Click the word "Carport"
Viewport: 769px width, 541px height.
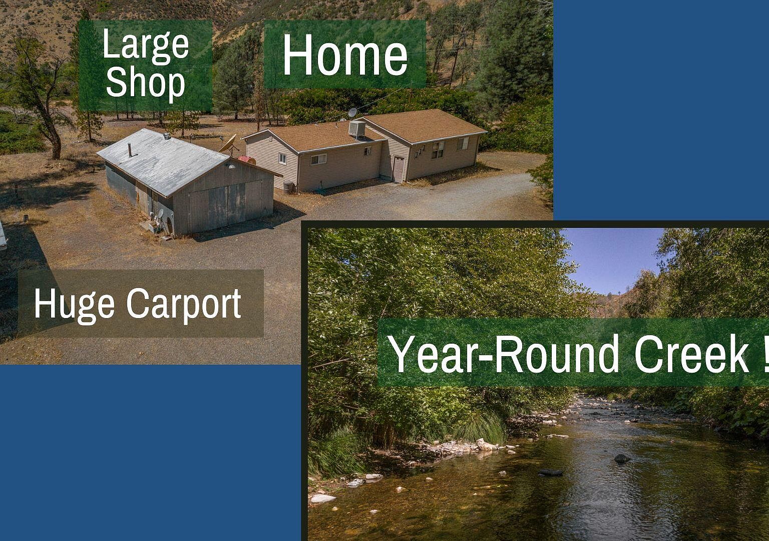tap(184, 304)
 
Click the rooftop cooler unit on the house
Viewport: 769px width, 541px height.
tap(357, 129)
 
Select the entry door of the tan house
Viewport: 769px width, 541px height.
tap(398, 169)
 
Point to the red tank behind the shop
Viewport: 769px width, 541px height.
tap(246, 160)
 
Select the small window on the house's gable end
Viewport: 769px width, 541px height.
tap(283, 159)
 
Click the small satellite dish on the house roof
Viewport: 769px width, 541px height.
tap(352, 112)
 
